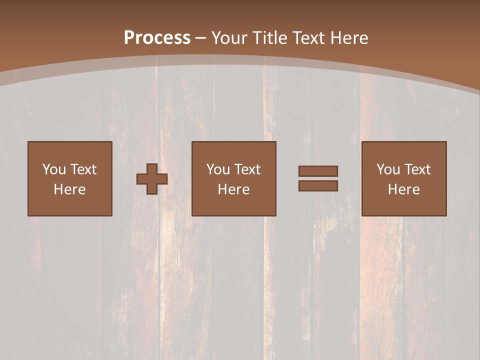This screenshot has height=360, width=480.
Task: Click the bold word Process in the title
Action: tap(157, 37)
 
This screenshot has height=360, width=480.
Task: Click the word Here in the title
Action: tap(350, 37)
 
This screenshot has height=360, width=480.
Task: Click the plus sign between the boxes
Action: tap(152, 179)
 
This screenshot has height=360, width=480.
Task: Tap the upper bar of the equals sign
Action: tap(318, 171)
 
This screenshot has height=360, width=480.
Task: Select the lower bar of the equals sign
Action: tap(318, 186)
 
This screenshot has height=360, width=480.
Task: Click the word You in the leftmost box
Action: tap(54, 169)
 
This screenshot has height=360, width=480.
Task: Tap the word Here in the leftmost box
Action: tap(69, 189)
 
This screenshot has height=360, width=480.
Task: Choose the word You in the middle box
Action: tap(218, 169)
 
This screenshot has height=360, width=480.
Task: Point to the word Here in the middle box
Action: tap(233, 189)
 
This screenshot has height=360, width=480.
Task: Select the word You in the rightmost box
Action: tap(388, 169)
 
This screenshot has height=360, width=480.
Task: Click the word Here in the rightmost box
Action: tap(403, 189)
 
